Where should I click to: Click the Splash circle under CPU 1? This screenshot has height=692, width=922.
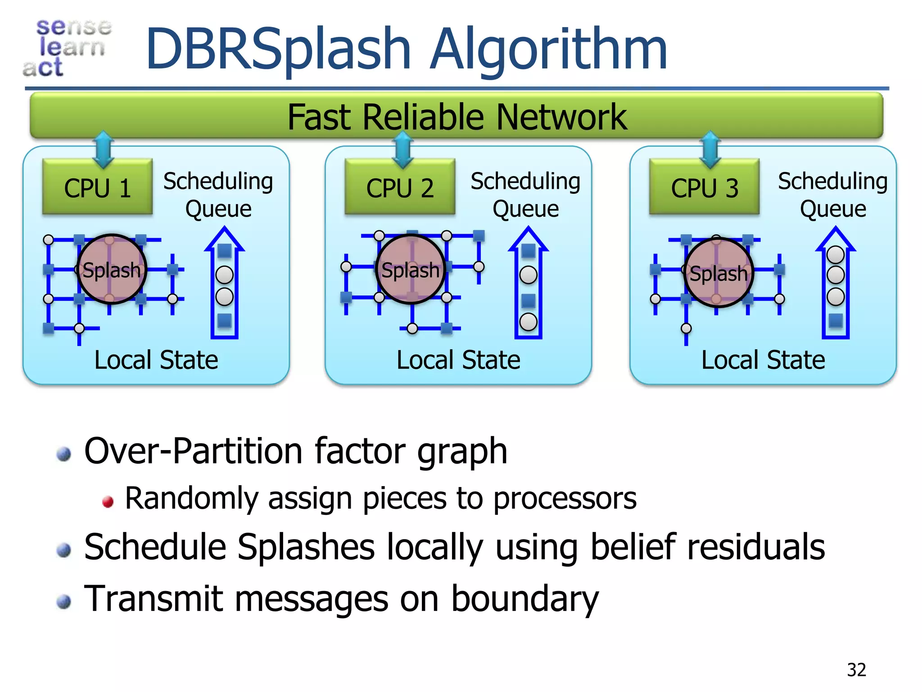point(111,269)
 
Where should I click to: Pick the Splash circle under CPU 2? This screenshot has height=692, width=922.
point(410,269)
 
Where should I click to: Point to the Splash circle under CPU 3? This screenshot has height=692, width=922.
point(718,273)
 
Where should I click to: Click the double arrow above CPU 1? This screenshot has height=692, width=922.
point(104,150)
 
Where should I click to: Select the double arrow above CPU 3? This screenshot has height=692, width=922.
point(710,150)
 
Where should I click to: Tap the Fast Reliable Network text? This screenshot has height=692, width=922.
point(456,117)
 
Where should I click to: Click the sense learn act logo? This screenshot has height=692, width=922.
point(68,48)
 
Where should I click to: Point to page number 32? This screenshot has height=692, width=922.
point(856,670)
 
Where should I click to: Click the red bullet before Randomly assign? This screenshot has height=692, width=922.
point(108,501)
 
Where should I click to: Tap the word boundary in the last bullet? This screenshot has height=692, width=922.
point(524,599)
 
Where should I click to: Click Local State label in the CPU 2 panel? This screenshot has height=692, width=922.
point(458,360)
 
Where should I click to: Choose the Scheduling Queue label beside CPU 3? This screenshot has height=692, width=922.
point(832,195)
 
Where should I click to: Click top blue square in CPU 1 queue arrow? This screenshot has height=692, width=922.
point(224,251)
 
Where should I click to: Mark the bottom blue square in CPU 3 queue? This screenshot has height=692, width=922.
point(836,320)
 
